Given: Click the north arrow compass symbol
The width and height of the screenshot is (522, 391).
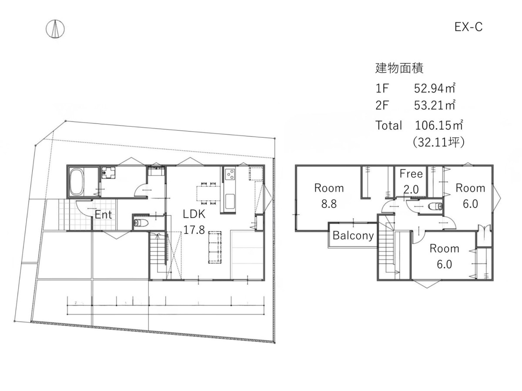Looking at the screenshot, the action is click(55, 29).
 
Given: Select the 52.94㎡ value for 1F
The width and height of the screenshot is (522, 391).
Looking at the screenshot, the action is click(435, 88).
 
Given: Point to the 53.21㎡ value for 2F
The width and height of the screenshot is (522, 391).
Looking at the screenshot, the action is click(435, 105).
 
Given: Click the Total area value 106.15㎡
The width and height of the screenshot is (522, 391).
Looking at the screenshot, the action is click(439, 125).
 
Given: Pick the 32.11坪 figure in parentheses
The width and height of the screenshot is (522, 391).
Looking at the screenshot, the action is click(439, 142).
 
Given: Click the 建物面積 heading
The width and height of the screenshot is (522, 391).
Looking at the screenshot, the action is click(399, 68).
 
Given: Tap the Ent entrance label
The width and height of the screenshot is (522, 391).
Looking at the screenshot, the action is click(103, 215).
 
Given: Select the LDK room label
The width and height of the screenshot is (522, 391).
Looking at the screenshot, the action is click(194, 214).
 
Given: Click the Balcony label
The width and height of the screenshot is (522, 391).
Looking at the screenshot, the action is click(353, 235).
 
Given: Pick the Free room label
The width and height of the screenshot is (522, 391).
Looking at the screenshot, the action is click(411, 173).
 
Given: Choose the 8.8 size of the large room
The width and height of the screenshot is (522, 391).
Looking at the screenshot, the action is click(329, 204).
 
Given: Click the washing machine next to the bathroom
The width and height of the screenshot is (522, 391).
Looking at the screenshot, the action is click(108, 172).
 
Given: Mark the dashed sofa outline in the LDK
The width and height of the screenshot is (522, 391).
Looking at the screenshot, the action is click(215, 247).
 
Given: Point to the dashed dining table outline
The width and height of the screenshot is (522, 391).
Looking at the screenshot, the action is click(208, 193).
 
